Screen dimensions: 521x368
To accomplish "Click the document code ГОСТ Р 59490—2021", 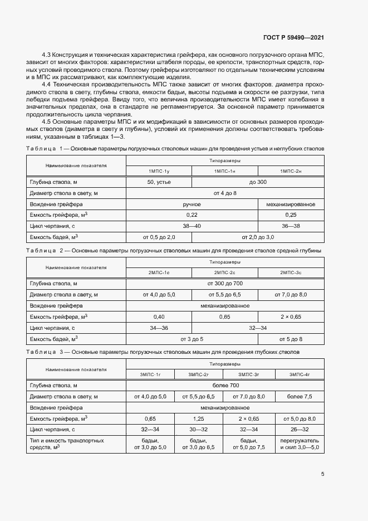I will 293,38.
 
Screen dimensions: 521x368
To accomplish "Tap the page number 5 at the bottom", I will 322,475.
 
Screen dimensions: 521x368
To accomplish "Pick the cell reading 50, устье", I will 159,182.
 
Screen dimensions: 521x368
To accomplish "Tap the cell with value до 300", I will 258,182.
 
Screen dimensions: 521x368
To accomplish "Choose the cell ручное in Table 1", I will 192,204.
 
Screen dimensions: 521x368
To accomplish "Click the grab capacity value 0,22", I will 192,215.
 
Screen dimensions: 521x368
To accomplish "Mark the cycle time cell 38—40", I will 192,226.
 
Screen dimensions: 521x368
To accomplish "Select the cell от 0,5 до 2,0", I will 159,237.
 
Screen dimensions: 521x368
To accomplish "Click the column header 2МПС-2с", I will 224,272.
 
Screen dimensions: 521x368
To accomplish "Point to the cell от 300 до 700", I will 224,283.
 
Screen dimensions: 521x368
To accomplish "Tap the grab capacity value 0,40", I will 159,317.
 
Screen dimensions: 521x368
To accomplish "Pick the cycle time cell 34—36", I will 159,328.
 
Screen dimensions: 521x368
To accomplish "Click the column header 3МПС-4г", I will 300,374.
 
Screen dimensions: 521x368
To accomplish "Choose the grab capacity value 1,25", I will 198,418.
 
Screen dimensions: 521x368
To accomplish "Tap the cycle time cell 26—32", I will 300,430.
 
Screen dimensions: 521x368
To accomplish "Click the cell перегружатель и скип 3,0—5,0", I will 300,444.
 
